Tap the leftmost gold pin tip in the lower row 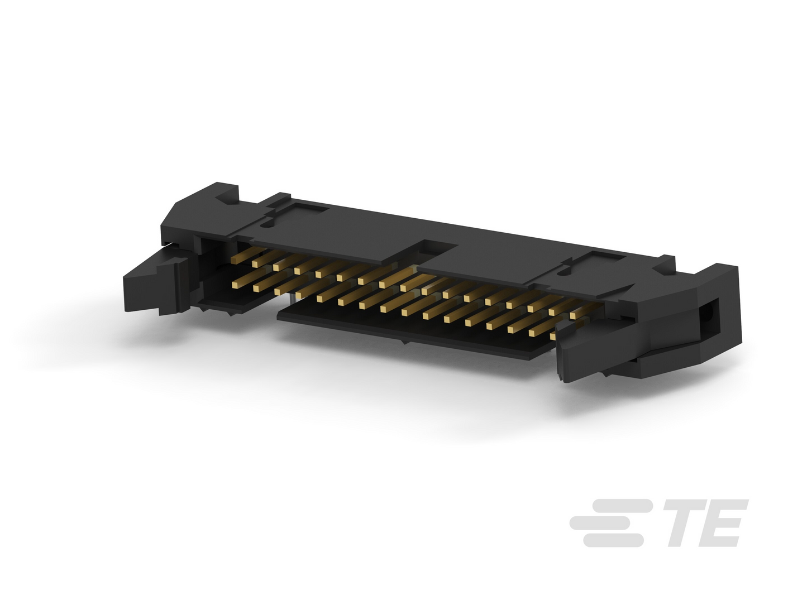click(235, 284)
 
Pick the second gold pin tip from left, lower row click(256, 289)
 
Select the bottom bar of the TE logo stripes click(613, 540)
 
